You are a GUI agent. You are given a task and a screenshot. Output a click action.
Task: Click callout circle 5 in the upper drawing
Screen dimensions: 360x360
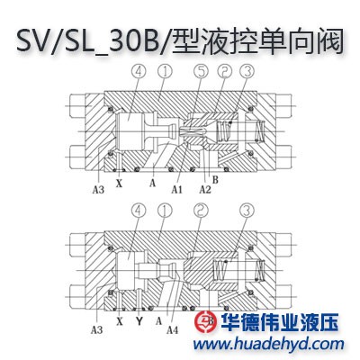click(x=201, y=71)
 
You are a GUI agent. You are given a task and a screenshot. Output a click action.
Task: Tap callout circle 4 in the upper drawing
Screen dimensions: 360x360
click(x=139, y=71)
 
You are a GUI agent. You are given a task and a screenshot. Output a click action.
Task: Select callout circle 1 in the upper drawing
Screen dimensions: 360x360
click(x=166, y=71)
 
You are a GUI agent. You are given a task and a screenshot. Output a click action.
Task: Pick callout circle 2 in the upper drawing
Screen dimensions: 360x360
click(x=224, y=71)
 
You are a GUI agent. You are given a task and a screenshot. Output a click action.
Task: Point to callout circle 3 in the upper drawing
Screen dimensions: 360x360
click(x=247, y=71)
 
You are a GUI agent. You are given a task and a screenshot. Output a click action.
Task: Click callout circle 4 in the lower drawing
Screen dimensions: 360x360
click(x=139, y=210)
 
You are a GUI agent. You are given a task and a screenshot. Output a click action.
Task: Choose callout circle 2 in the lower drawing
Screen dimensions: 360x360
click(x=201, y=210)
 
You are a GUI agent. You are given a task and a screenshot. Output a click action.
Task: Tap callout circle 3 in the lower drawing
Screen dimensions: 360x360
click(x=247, y=210)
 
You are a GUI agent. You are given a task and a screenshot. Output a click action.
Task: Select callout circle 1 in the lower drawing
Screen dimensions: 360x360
click(x=166, y=210)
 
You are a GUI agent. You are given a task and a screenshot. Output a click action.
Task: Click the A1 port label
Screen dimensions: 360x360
click(x=177, y=189)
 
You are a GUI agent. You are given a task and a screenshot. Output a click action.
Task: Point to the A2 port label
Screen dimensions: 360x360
click(x=205, y=189)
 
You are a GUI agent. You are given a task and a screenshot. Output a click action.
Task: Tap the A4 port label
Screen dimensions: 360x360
click(x=173, y=330)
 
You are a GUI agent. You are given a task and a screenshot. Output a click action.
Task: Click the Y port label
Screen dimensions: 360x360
click(x=139, y=321)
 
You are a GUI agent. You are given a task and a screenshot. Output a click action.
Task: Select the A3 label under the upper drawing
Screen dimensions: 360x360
click(x=98, y=190)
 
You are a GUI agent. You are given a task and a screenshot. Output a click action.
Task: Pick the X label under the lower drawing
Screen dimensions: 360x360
click(x=120, y=321)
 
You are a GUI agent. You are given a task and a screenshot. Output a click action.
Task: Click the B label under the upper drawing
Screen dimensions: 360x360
click(x=215, y=180)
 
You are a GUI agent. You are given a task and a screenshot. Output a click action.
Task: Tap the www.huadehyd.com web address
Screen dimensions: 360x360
click(x=268, y=344)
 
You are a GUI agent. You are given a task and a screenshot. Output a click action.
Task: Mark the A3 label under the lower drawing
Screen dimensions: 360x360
click(x=96, y=330)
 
